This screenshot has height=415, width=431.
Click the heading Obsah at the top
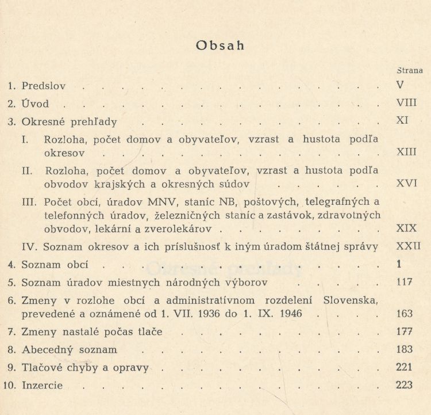pos(220,46)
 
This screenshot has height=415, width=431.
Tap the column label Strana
pos(409,71)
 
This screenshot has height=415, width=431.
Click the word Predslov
pos(44,86)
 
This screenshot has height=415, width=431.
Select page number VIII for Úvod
pos(406,104)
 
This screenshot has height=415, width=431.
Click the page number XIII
pos(406,153)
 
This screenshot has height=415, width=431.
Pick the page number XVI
pos(406,184)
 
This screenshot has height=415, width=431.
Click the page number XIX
pos(406,229)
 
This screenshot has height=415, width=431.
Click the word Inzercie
pos(42,385)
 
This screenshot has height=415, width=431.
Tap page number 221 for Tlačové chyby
pos(405,367)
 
